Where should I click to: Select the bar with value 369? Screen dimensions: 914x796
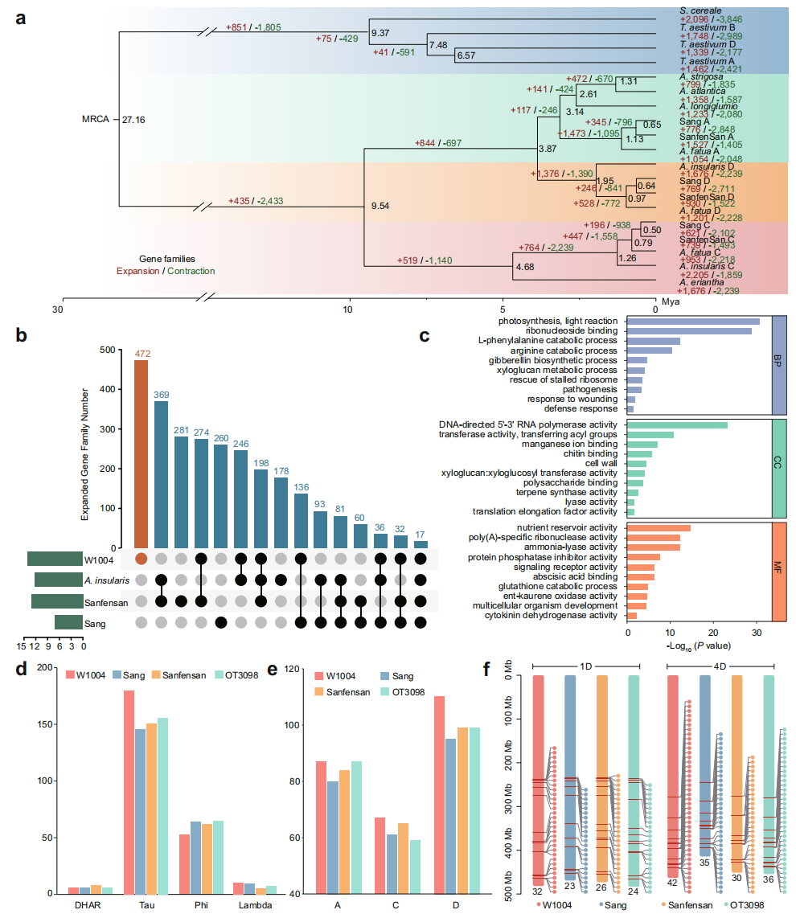coord(161,474)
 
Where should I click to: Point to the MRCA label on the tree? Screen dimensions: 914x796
coord(95,120)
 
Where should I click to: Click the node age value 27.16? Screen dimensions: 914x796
coord(133,120)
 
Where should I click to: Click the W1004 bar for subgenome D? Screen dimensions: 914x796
coord(440,795)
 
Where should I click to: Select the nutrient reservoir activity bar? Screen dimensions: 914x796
coord(659,527)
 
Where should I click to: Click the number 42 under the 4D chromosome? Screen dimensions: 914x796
coord(672,883)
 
